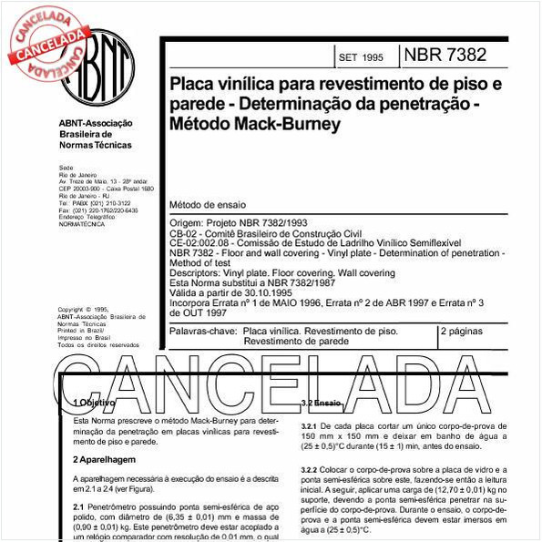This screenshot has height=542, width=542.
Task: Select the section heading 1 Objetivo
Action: pyautogui.click(x=94, y=402)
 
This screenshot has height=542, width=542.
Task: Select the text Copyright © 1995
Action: pyautogui.click(x=83, y=310)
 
